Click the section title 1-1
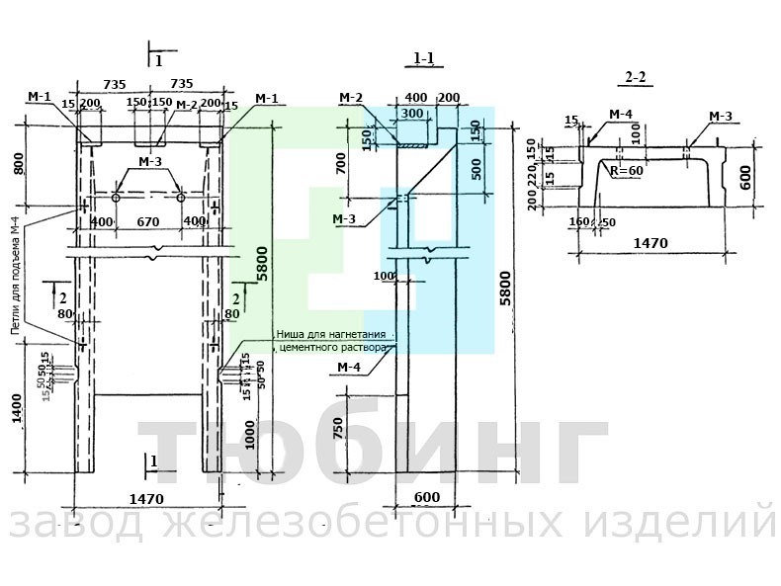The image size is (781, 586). click(x=424, y=59)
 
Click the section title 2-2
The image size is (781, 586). click(x=636, y=77)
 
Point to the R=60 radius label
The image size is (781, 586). click(x=627, y=171)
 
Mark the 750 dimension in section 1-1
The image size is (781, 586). click(x=340, y=429)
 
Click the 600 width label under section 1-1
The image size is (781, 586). click(x=426, y=498)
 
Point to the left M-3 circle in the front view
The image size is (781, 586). click(x=116, y=198)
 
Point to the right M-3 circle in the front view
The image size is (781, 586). click(x=181, y=198)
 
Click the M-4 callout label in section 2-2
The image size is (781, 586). click(x=620, y=116)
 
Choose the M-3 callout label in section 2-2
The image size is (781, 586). click(x=720, y=117)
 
